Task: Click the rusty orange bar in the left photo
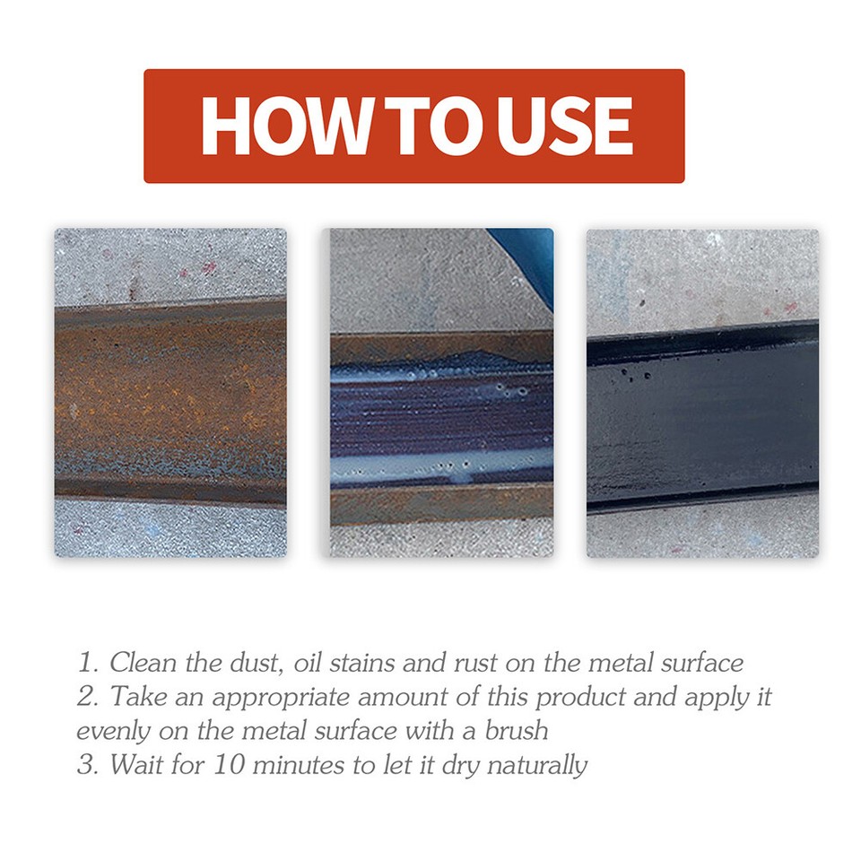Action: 170,400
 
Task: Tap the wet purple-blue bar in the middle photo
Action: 439,422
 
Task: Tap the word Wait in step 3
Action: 135,765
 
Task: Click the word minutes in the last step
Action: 288,765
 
